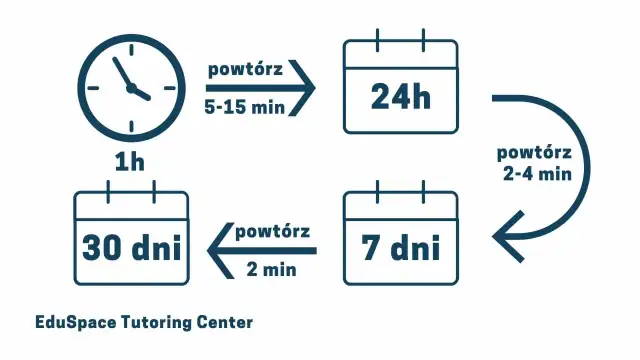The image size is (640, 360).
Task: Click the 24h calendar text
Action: point(399,96)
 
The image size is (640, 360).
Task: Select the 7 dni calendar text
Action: point(399,246)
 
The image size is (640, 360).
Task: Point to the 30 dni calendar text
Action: point(132,246)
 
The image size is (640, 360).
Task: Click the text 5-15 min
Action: point(244,103)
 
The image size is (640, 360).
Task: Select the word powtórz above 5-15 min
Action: point(244,70)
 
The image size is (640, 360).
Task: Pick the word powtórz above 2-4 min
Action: point(534,153)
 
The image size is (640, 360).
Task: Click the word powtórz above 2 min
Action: point(273,231)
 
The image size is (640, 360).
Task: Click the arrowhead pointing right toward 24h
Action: point(303,87)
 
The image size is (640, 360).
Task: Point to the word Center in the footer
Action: point(226,322)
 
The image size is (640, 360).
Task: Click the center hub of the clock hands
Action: point(130,88)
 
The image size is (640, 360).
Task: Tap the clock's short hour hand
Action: point(140,93)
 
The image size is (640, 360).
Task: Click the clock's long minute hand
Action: point(122,72)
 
